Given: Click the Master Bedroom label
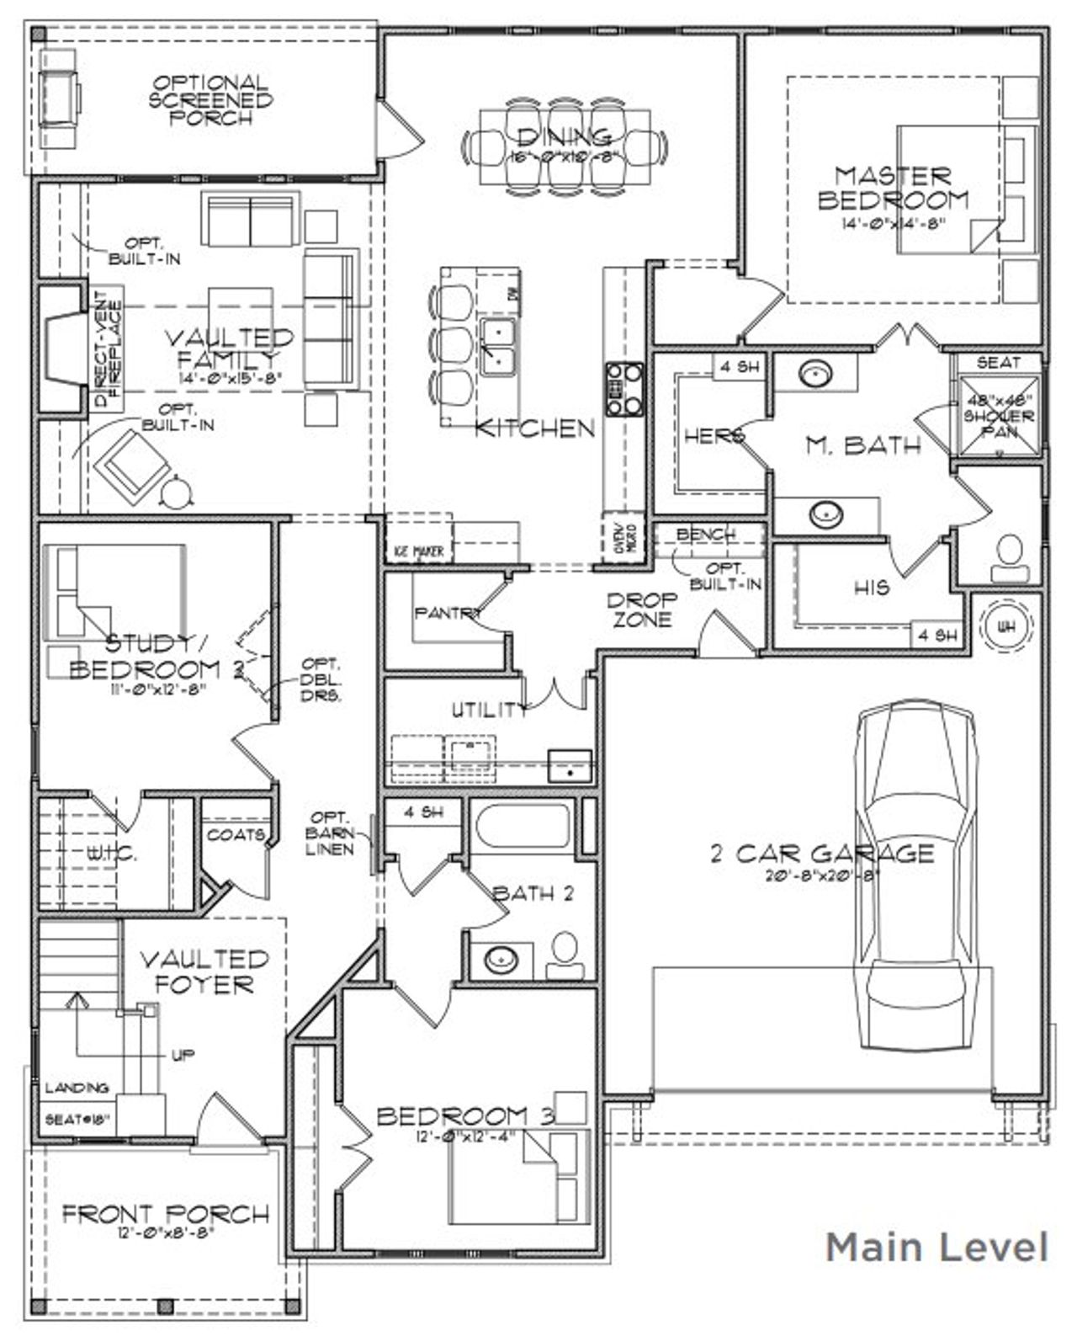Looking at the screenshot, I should click(893, 189).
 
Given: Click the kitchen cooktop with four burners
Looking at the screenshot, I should click(622, 389).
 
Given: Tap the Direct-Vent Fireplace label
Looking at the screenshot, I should click(107, 349).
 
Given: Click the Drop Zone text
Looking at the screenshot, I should click(642, 610).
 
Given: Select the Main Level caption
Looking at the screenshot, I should click(936, 1247).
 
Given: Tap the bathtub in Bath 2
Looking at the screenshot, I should click(522, 826).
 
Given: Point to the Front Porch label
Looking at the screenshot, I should click(166, 1214).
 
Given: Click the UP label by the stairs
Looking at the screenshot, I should click(183, 1055).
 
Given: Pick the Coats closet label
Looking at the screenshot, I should click(235, 835).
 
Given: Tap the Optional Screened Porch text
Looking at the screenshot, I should click(210, 100).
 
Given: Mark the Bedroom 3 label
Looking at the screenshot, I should click(465, 1116).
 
